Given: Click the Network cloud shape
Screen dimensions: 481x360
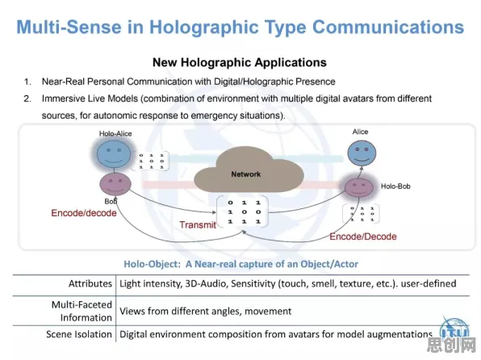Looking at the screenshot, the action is pos(249,170).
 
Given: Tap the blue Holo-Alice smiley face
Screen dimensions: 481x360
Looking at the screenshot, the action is pos(114,154).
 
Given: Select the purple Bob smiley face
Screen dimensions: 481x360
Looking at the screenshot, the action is pos(115,184).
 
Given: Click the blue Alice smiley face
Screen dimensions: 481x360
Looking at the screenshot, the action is pos(362,153).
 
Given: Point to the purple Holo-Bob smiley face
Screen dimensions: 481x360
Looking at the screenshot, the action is pos(359,187).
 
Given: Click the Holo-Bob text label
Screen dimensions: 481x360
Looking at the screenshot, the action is pos(395,186).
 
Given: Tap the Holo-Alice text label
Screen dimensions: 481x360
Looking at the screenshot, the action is pos(115,133).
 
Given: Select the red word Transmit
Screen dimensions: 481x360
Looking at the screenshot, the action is pos(198,224).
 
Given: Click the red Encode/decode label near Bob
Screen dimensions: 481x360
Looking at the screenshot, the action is pos(84,213).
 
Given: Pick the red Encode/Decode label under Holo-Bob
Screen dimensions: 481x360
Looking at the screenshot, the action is pos(363,237).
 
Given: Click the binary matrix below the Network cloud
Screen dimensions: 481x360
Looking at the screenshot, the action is pos(244,212).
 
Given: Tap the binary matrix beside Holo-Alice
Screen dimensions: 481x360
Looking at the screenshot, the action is pos(151,161).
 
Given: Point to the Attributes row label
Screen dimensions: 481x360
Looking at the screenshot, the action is pos(90,283).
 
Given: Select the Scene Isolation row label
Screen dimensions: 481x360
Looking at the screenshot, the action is pos(79,334).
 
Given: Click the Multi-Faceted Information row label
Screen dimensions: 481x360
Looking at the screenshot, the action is pos(82,311).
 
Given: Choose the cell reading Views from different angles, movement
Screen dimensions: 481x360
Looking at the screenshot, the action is pos(205,312).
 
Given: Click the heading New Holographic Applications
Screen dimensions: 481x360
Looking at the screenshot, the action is pos(240,62).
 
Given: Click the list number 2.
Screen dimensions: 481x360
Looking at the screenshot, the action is pos(27,98).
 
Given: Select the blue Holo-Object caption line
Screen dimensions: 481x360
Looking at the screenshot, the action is pos(240,264).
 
